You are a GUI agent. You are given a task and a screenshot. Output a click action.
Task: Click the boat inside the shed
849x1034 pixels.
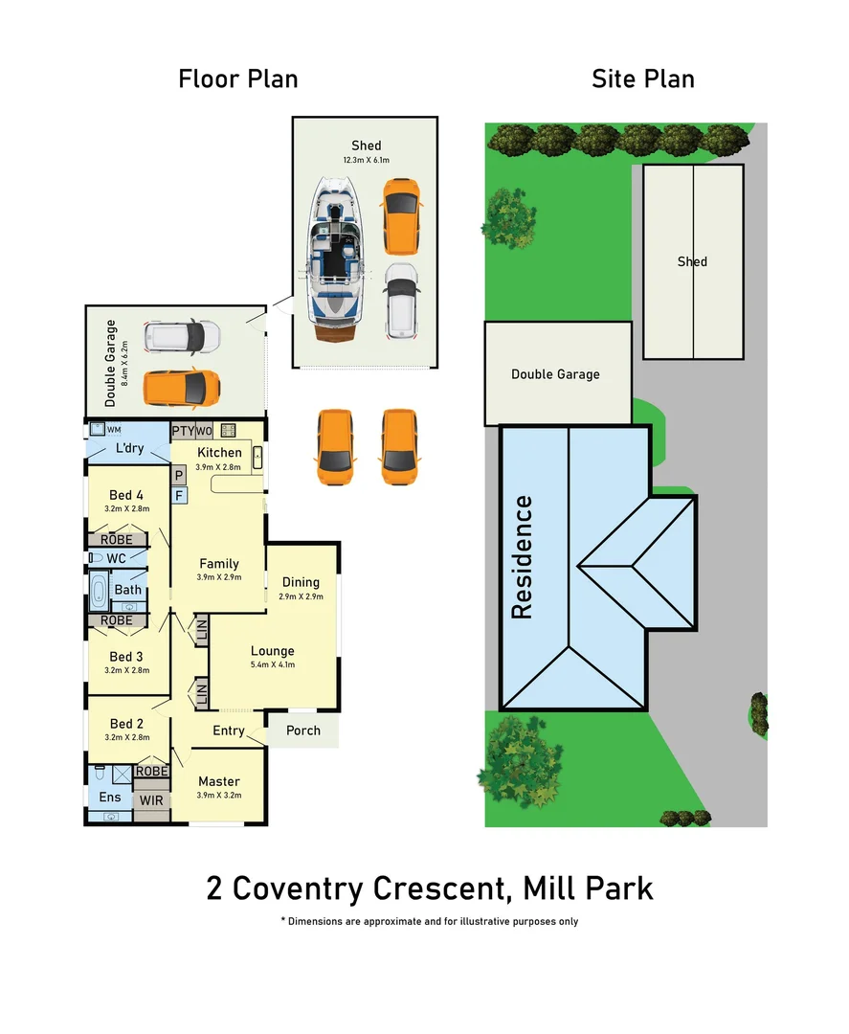click(x=334, y=260)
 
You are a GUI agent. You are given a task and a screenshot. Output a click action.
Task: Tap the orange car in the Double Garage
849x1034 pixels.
click(x=182, y=388)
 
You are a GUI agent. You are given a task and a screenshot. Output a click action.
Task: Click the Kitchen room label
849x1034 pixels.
click(x=219, y=453)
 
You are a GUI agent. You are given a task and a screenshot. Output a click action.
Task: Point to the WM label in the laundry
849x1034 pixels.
click(x=114, y=430)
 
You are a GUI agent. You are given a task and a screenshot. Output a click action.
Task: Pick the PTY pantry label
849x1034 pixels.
click(x=183, y=431)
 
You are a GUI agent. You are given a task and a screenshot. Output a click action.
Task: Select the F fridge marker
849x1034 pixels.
click(x=178, y=495)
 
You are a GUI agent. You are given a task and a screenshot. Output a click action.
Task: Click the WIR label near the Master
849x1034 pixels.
click(x=151, y=799)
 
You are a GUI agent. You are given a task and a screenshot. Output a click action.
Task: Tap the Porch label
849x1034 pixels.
click(x=302, y=731)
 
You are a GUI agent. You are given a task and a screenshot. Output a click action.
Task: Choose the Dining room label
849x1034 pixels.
click(x=301, y=582)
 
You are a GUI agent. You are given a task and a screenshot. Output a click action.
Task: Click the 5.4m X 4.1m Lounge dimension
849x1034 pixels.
click(x=273, y=664)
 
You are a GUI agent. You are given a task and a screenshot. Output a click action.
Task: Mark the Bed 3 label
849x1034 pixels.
click(x=126, y=657)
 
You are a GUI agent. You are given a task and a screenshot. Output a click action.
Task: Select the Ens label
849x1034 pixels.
click(x=110, y=797)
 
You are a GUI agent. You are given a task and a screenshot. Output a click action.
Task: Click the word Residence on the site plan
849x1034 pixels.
click(x=522, y=556)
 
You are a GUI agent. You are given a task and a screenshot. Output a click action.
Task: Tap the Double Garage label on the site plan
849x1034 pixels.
click(x=555, y=373)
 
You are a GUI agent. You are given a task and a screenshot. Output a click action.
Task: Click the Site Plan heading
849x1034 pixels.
click(x=642, y=79)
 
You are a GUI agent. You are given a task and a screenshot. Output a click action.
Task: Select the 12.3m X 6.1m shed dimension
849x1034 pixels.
click(x=366, y=160)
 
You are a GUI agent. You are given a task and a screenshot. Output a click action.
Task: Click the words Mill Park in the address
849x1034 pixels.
click(x=588, y=888)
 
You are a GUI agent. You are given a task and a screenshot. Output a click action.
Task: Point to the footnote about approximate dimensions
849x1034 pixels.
click(x=429, y=921)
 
